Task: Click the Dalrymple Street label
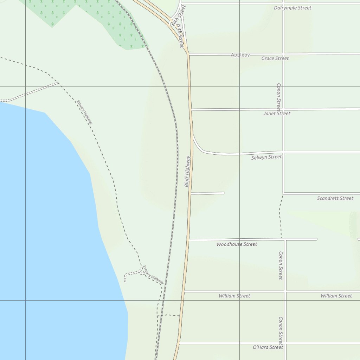[x=292, y=8]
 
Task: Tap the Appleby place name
[x=240, y=55]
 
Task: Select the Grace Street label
[x=275, y=58]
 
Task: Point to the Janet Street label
[x=277, y=114]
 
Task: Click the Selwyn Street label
[x=266, y=157]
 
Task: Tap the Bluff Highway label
[x=187, y=171]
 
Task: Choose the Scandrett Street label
[x=335, y=198]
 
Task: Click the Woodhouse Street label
[x=237, y=244]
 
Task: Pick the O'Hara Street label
[x=268, y=347]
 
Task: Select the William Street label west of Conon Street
[x=234, y=296]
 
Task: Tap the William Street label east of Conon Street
[x=336, y=296]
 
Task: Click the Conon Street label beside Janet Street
[x=278, y=97]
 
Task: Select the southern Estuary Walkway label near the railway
[x=153, y=275]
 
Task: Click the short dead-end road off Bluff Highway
[x=207, y=193]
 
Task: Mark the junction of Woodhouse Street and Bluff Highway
[x=189, y=240]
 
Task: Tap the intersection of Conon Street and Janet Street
[x=283, y=109]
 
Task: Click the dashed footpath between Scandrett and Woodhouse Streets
[x=281, y=216]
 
